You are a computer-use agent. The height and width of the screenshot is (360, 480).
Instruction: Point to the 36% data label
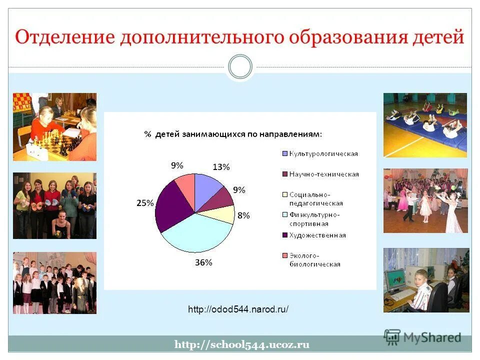click(x=203, y=262)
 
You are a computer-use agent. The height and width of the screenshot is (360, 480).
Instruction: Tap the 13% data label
click(x=221, y=167)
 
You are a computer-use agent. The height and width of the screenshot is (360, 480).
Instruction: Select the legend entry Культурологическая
click(x=320, y=154)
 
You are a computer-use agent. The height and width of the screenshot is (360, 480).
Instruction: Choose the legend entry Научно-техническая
click(x=320, y=174)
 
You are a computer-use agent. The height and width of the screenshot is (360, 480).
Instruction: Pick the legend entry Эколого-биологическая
click(x=314, y=260)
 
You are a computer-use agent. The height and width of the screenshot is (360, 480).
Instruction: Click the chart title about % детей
click(x=233, y=134)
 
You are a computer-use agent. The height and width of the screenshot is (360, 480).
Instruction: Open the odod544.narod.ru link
click(x=238, y=309)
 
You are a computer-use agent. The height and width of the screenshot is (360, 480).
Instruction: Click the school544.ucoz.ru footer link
click(x=242, y=344)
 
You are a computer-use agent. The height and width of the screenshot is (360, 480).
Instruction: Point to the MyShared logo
click(x=422, y=337)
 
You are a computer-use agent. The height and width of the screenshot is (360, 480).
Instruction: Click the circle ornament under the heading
click(x=240, y=67)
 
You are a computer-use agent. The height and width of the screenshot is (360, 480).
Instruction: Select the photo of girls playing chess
click(x=54, y=126)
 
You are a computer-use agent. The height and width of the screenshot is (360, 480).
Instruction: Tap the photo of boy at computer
click(x=426, y=280)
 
